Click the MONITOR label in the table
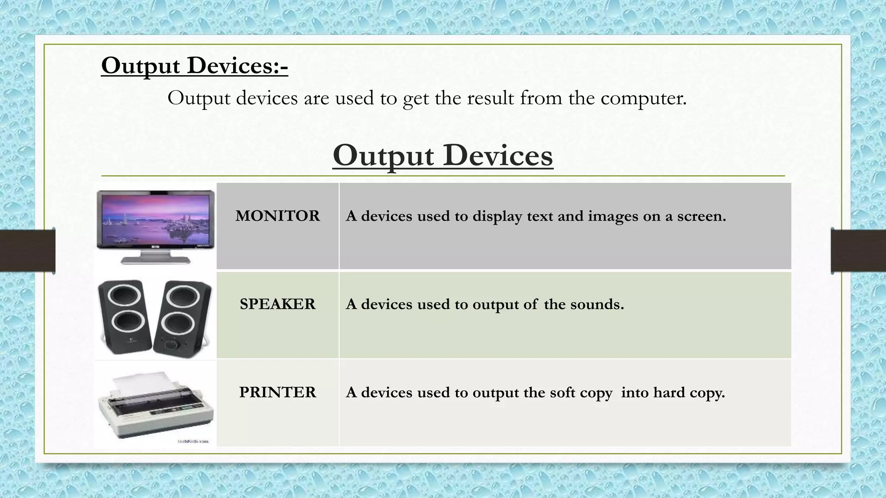tap(277, 216)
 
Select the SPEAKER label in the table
tap(277, 304)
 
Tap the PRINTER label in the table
tap(277, 392)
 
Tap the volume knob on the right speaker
tap(172, 345)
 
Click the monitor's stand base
tap(156, 260)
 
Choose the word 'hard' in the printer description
tap(670, 392)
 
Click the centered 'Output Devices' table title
tap(443, 156)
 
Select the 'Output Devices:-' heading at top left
tap(194, 66)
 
